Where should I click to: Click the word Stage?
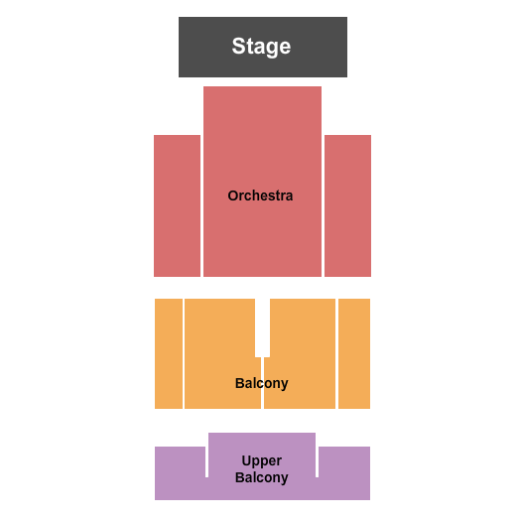(261, 47)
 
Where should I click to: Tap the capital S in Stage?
(238, 46)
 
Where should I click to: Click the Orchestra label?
(260, 195)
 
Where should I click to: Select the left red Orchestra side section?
(177, 205)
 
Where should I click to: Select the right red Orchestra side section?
(348, 205)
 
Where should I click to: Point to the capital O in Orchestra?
(233, 195)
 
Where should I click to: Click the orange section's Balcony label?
(262, 383)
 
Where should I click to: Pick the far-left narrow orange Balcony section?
(169, 353)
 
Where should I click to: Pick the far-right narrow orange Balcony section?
(354, 353)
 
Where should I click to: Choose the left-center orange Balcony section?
(220, 353)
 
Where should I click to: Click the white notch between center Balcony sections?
(263, 327)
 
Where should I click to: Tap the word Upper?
(262, 461)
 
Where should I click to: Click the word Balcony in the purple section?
(262, 477)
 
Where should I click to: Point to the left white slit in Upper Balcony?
(206, 462)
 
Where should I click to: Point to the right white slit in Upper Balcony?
(317, 462)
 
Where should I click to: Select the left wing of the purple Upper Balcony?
(180, 472)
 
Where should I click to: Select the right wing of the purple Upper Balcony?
(344, 472)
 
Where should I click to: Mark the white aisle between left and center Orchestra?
(202, 205)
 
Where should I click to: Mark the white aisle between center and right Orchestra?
(323, 205)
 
